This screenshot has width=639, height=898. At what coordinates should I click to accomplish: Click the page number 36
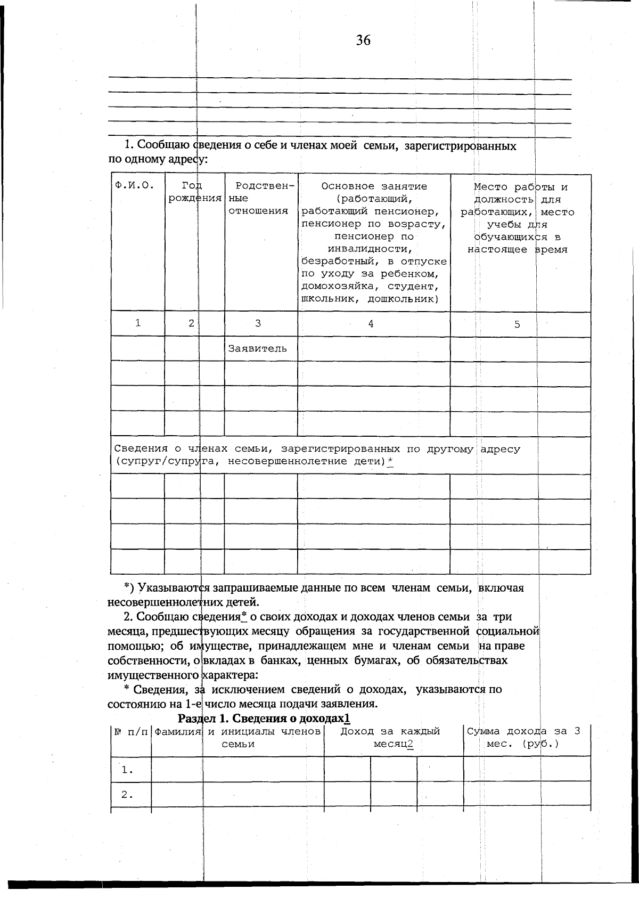tap(363, 40)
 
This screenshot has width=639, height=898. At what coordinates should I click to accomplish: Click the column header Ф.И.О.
tap(134, 186)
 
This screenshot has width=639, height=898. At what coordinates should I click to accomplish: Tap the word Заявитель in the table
tap(257, 349)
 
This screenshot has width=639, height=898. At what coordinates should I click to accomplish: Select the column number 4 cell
tap(371, 323)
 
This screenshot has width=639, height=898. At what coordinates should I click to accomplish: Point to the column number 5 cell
tap(517, 324)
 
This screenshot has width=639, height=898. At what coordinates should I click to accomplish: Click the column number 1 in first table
tap(138, 323)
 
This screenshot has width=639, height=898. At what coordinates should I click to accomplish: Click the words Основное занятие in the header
tap(374, 186)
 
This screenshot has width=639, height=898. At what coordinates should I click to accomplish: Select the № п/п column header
tap(130, 732)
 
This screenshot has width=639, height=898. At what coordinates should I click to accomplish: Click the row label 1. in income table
tap(127, 770)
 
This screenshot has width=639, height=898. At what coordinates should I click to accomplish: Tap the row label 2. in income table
tap(127, 795)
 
